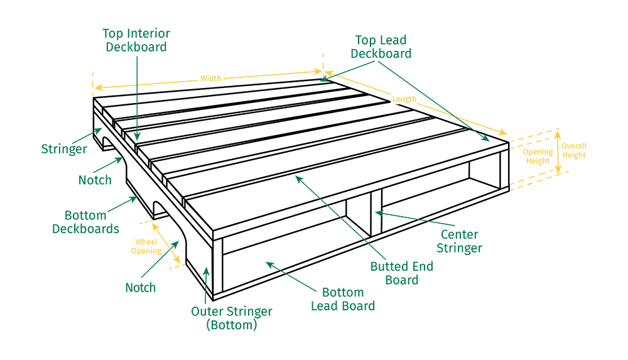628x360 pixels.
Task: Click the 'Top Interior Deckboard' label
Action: [x=136, y=40]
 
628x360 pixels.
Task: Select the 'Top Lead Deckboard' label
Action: [x=381, y=47]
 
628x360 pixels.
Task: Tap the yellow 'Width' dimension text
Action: [x=210, y=78]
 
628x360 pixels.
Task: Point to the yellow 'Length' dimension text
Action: [x=404, y=99]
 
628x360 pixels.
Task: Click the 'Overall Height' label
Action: [x=574, y=150]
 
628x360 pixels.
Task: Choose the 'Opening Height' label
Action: [x=538, y=156]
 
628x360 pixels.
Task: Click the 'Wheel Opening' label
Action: [x=146, y=246]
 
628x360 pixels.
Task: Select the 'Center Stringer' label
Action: [x=460, y=241]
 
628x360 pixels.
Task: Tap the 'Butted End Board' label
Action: [x=402, y=273]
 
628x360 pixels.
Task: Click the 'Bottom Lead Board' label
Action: [x=343, y=299]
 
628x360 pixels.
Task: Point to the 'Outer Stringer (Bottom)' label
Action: [x=232, y=318]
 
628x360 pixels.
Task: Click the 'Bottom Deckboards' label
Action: [x=85, y=222]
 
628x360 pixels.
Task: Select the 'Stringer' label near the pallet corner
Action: [x=64, y=149]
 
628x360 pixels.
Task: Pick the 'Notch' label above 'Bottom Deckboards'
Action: [x=95, y=180]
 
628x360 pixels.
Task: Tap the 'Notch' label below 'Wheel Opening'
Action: [x=140, y=288]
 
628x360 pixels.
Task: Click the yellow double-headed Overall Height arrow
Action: [x=558, y=152]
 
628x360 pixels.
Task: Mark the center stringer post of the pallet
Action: [x=376, y=212]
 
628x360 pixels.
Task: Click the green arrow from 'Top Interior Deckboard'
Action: [x=138, y=98]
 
